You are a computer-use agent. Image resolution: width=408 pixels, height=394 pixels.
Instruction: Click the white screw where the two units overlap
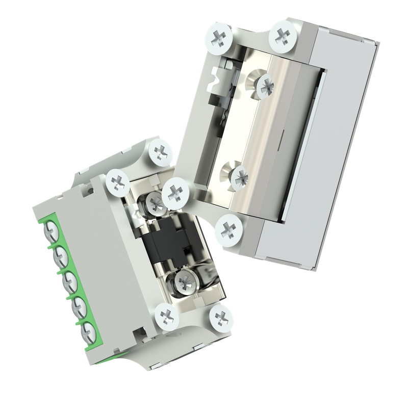(175, 192)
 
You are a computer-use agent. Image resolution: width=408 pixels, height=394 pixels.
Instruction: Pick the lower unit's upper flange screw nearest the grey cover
(118, 181)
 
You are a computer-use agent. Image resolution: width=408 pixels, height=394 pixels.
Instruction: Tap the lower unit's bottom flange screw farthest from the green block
(221, 319)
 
